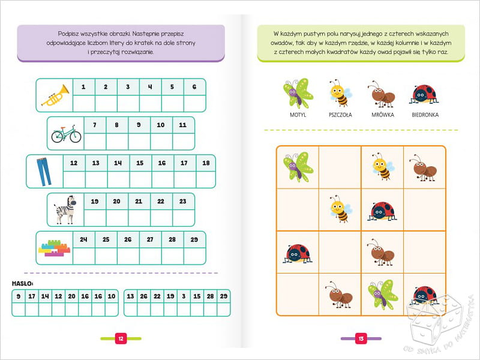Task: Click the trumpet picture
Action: coord(55,95)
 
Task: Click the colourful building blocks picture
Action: coord(55,247)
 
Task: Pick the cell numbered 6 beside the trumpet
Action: coord(194,87)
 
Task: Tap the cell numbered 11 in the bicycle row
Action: coord(183,125)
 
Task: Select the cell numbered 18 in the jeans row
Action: coord(205,163)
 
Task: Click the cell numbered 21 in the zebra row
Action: coord(138,202)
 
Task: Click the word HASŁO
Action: coord(22,282)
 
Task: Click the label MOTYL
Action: coord(298,115)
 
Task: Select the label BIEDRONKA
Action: coord(425,115)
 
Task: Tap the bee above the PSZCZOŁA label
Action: coord(340,92)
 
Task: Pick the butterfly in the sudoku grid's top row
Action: coord(298,166)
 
